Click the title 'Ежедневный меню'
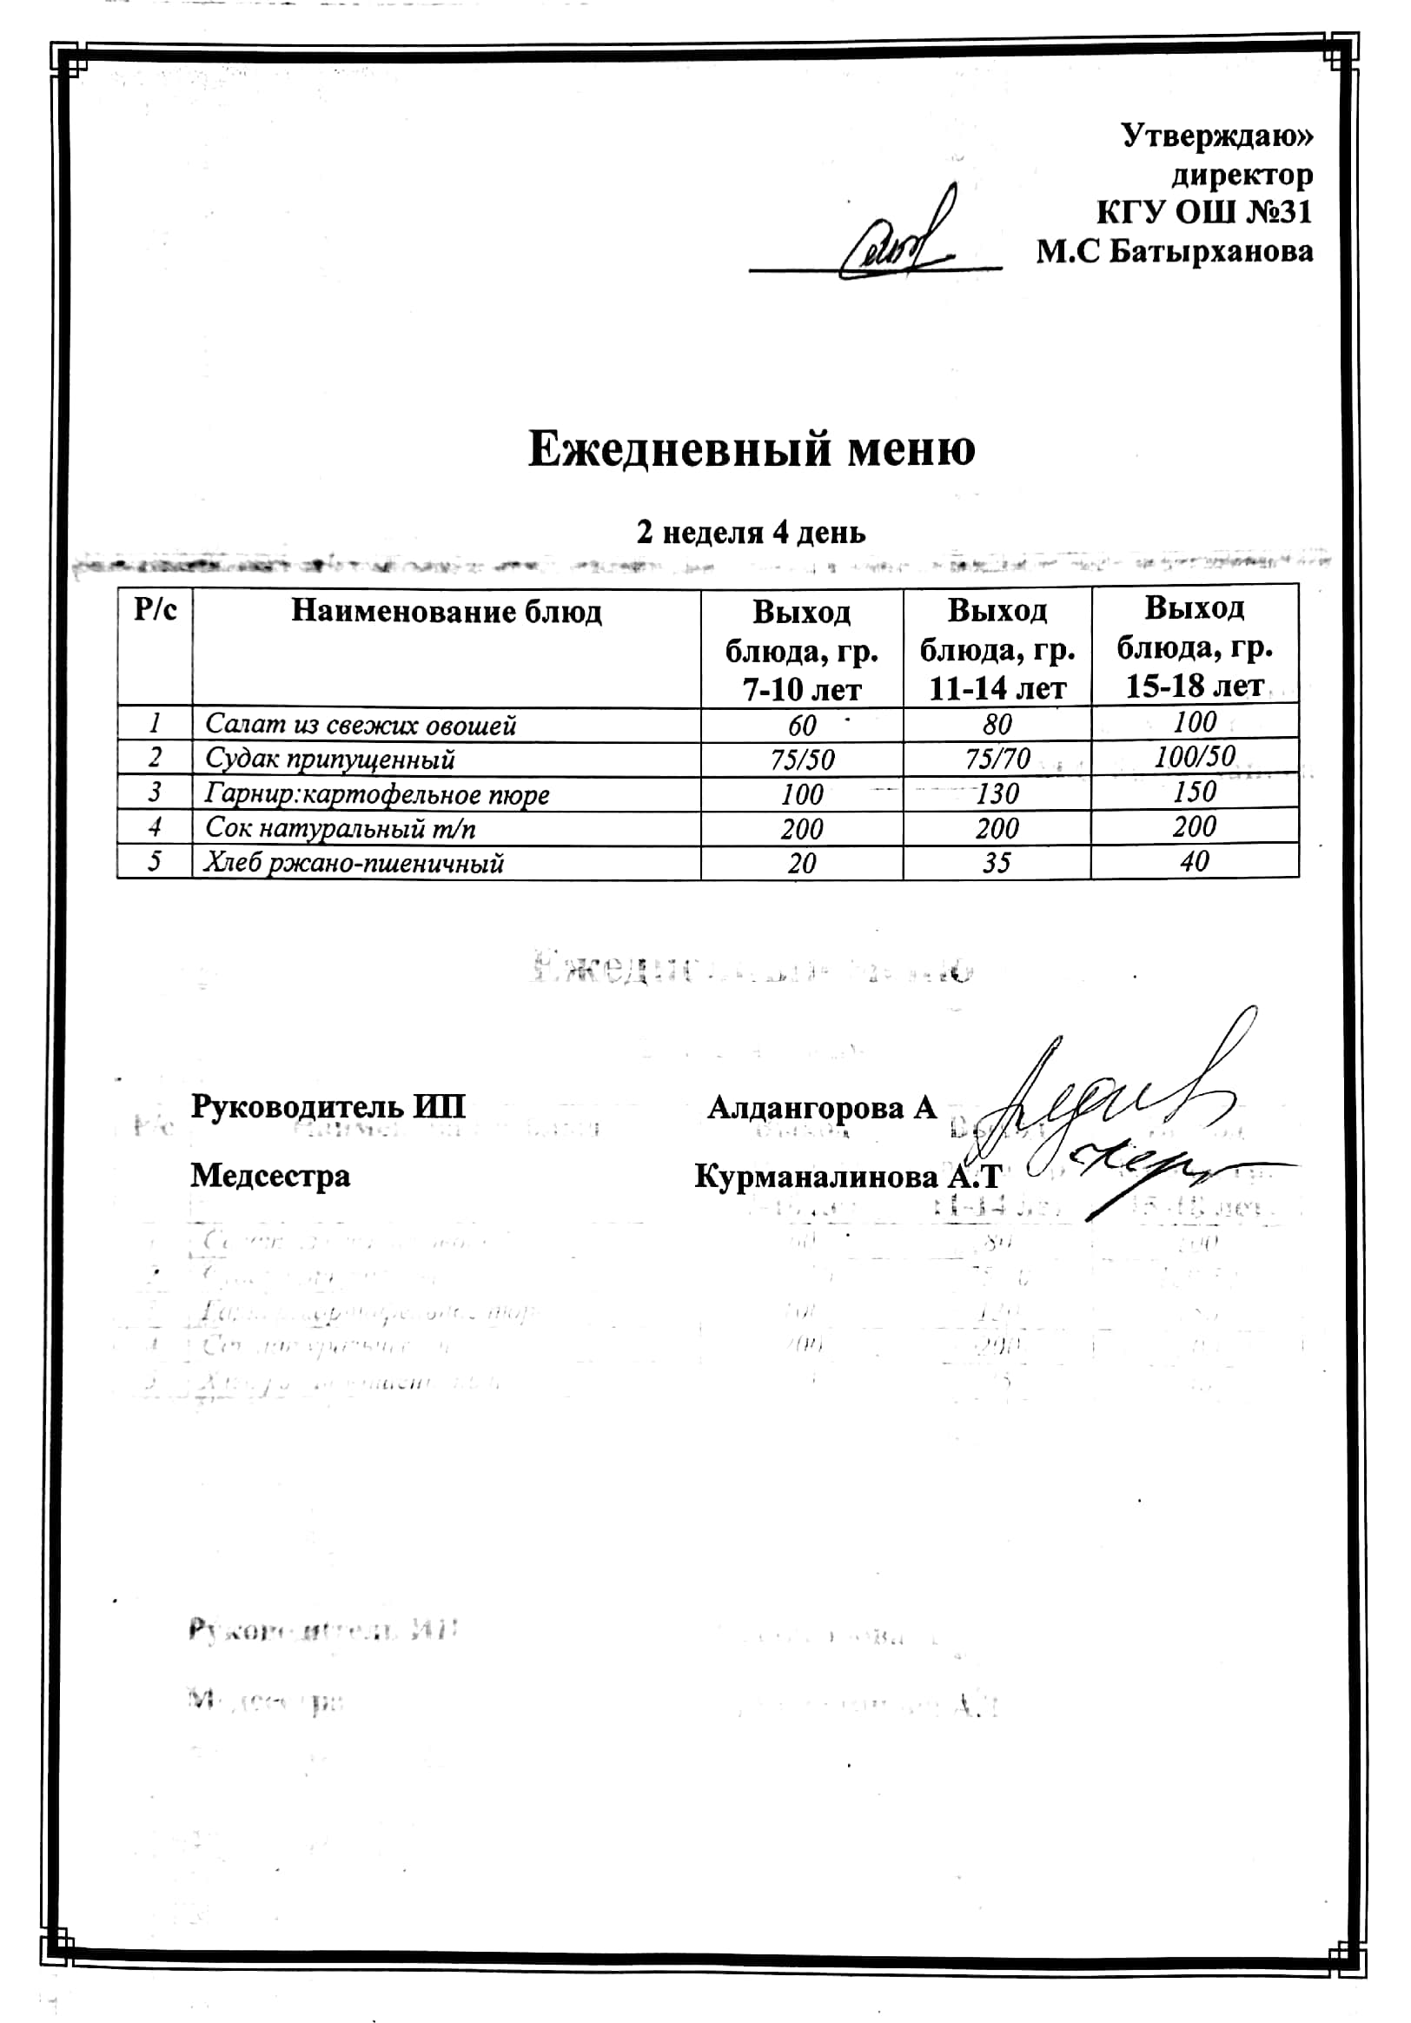[752, 449]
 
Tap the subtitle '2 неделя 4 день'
[752, 532]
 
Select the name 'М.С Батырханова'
[1174, 252]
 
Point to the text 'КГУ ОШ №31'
[1204, 212]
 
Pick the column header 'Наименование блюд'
[447, 612]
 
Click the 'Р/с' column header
[155, 610]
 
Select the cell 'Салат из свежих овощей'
[361, 725]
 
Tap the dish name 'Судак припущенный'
[330, 759]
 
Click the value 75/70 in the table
[997, 758]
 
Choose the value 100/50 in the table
[1195, 756]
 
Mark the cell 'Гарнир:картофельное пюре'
[377, 794]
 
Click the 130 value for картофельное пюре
[997, 794]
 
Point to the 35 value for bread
[997, 862]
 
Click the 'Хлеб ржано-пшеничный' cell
[354, 863]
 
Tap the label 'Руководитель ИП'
[328, 1107]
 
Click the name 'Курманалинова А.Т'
[848, 1177]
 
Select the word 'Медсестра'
[270, 1176]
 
